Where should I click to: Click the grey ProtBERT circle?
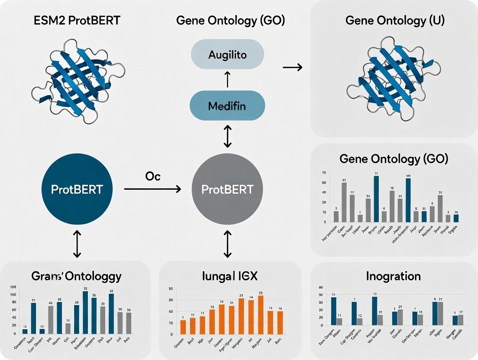227,189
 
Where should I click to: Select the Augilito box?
227,55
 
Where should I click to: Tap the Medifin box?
228,106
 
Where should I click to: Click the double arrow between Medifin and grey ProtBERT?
228,136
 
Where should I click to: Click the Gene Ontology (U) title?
394,20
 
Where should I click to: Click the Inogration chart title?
394,276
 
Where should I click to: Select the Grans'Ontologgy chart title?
76,276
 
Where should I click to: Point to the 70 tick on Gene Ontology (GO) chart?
323,173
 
